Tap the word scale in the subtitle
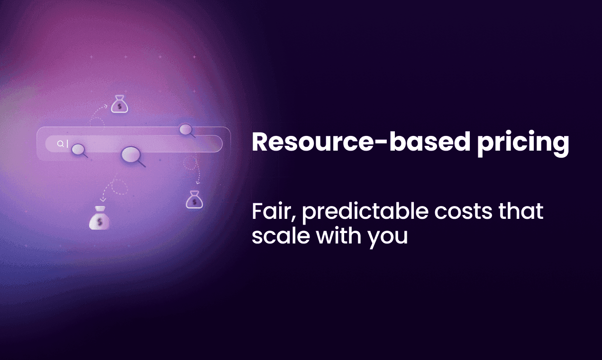pyautogui.click(x=276, y=236)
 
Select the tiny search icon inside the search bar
pyautogui.click(x=60, y=144)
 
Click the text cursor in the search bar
pyautogui.click(x=67, y=144)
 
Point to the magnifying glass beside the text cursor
pyautogui.click(x=79, y=150)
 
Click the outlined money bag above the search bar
pyautogui.click(x=119, y=105)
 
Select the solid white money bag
pyautogui.click(x=99, y=218)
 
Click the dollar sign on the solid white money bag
pyautogui.click(x=99, y=221)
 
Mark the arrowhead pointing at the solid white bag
pyautogui.click(x=103, y=199)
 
